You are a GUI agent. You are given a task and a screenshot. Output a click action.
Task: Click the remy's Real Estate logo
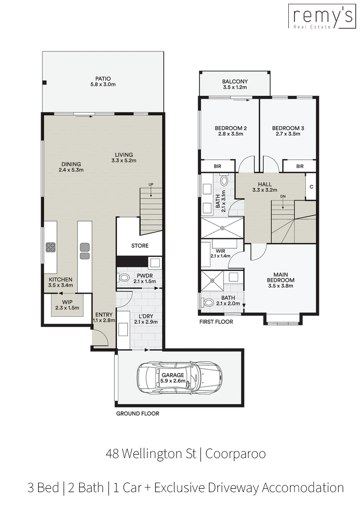click(321, 17)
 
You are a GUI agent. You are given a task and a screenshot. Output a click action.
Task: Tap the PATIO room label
click(103, 79)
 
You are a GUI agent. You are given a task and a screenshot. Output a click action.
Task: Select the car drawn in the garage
click(180, 377)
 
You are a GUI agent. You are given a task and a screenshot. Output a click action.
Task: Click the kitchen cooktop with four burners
click(50, 247)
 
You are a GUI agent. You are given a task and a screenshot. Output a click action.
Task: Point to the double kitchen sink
click(85, 251)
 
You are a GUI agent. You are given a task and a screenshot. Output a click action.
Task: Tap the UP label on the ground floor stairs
click(151, 185)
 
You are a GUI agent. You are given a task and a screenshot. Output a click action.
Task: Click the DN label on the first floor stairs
click(283, 197)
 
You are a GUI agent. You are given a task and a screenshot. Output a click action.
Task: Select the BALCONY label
click(235, 82)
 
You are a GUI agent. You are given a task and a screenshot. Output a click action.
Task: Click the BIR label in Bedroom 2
click(218, 166)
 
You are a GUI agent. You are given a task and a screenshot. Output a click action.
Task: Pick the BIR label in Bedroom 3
click(300, 166)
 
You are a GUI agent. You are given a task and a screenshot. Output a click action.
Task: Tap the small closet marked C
click(311, 187)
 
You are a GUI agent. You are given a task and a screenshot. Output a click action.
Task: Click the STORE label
click(140, 246)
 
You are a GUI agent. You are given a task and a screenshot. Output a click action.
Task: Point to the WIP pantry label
click(67, 302)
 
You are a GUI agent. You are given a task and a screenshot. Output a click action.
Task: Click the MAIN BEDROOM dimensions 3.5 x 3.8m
click(281, 286)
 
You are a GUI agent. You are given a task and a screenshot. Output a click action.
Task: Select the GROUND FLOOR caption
click(138, 414)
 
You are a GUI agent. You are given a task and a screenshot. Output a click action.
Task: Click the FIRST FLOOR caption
click(216, 322)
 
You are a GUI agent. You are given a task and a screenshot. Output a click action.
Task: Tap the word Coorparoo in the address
click(235, 454)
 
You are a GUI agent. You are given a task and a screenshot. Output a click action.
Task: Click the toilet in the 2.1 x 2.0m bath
click(207, 303)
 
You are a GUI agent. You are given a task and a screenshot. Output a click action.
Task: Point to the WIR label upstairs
click(221, 251)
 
